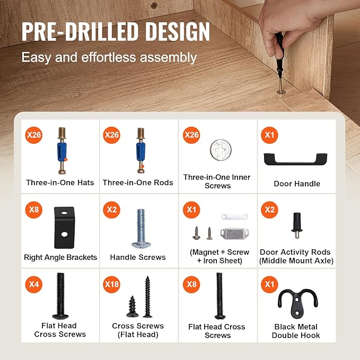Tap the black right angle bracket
point(65,227)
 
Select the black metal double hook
point(297,303)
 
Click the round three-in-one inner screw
point(221,150)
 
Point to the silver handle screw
point(141,229)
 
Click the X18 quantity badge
point(111,285)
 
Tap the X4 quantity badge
point(34,285)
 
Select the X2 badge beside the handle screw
point(111,209)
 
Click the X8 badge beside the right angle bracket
point(34,209)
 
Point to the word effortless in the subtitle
point(109,57)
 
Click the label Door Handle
point(297,183)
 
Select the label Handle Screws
point(138,257)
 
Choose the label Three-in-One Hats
point(60,182)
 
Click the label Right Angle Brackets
point(60,257)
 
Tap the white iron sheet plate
point(235,216)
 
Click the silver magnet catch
point(235,234)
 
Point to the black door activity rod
point(297,226)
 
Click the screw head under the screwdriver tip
point(281,92)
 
